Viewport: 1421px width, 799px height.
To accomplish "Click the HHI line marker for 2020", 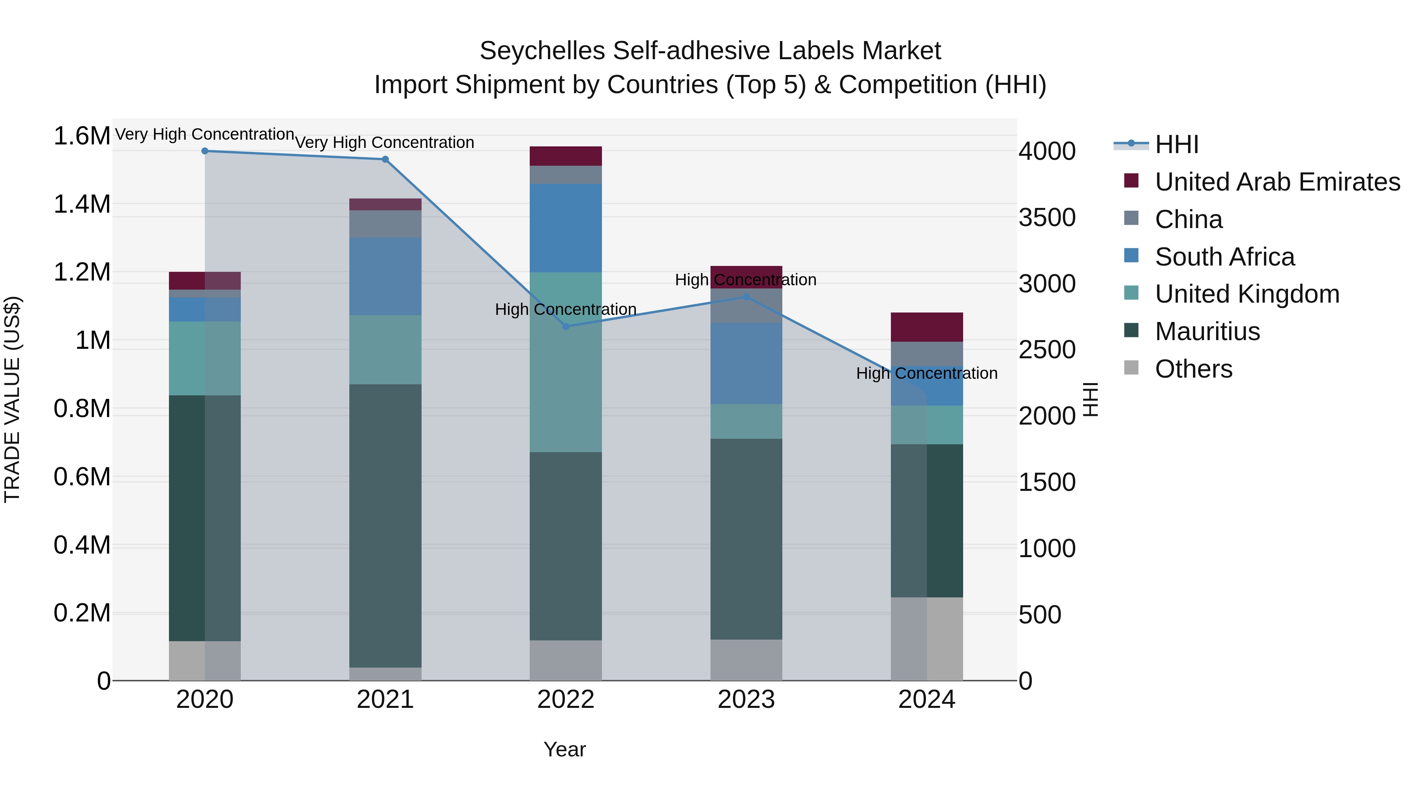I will click(204, 151).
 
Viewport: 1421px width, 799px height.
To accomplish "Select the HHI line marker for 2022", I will click(565, 326).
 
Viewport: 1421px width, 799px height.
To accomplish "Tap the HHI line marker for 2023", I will click(746, 297).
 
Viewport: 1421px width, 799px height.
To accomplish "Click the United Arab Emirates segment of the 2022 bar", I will click(565, 156).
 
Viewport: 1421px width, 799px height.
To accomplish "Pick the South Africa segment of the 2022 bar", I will click(565, 228).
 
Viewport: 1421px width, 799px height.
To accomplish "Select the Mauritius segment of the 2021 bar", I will click(385, 526).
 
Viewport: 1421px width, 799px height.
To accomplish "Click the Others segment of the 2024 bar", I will click(927, 638).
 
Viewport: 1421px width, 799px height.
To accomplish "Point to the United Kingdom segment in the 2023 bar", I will click(746, 421).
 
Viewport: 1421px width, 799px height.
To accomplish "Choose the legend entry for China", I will click(1188, 219).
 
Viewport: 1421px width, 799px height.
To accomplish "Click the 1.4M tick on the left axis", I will click(82, 204).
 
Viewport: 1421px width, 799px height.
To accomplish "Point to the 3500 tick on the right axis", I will click(1046, 218).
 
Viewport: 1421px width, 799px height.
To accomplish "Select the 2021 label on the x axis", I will click(385, 700).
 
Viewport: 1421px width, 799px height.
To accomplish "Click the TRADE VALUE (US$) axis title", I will click(12, 399).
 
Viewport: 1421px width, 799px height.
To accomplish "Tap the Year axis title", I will click(564, 749).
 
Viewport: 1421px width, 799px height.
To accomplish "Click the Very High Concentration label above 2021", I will click(384, 142).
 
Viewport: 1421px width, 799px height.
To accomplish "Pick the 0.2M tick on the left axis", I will click(82, 613).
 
